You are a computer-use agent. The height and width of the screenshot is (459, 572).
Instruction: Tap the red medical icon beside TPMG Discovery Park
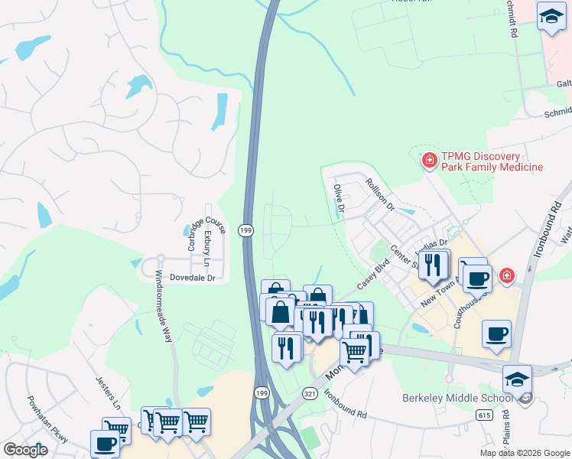[430, 161]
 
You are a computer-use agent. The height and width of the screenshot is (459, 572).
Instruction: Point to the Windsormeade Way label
[164, 305]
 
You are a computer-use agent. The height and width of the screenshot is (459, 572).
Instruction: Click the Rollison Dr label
[379, 194]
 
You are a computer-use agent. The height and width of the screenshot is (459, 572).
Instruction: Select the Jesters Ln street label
[108, 389]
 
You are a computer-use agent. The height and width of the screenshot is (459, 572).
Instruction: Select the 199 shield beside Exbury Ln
[245, 229]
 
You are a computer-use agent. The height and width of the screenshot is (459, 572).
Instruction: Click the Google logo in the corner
[24, 450]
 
